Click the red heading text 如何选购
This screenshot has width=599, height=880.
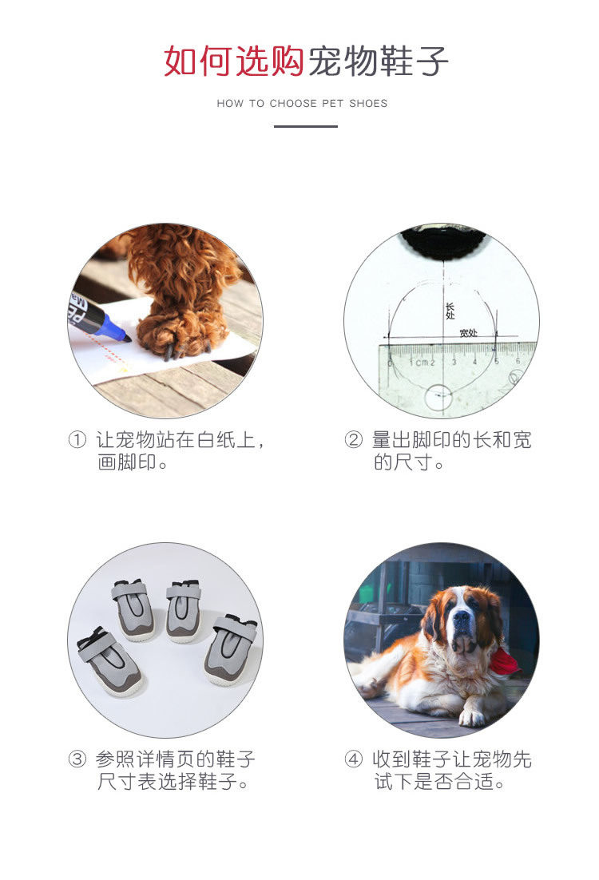[233, 61]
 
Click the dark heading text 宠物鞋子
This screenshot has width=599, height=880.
[377, 61]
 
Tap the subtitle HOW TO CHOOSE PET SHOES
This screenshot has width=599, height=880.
[302, 104]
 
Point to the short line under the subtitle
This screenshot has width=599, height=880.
[306, 126]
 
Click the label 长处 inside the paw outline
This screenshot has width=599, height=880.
[450, 311]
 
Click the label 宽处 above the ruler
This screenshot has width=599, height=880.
[468, 332]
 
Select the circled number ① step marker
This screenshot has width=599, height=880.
[77, 440]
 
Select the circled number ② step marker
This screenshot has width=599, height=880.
[353, 440]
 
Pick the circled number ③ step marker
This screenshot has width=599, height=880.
[77, 759]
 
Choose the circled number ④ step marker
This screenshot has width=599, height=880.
[353, 759]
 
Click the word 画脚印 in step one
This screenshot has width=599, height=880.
[126, 463]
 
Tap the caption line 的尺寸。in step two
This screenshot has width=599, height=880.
[408, 463]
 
